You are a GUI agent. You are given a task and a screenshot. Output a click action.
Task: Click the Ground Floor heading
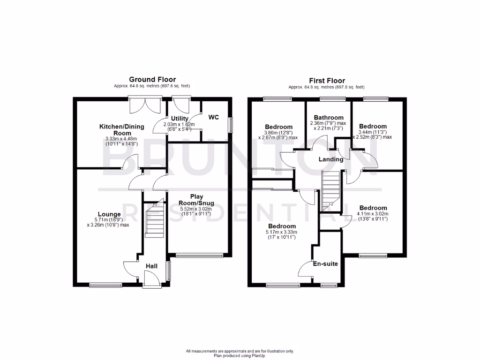152,80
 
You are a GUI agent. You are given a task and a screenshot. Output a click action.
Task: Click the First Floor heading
326,81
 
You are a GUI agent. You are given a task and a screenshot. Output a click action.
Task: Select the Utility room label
180,119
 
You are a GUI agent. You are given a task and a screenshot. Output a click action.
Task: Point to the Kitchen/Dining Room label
115,130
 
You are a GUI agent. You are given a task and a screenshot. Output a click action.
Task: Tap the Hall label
151,266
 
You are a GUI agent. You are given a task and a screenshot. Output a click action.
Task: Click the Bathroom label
329,118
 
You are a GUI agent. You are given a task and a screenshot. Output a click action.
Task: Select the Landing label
331,159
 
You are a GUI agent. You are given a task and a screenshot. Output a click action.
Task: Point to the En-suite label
326,264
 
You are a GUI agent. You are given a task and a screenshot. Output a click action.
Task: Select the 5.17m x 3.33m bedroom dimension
281,232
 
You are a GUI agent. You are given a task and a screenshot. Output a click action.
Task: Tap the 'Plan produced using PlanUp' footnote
240,356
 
